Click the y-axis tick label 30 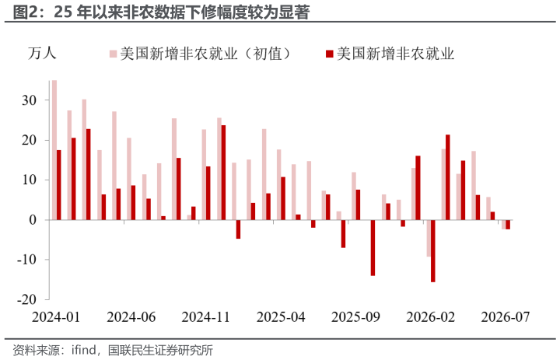pyautogui.click(x=30, y=100)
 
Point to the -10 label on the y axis pyautogui.click(x=26, y=260)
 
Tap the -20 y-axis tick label pyautogui.click(x=26, y=299)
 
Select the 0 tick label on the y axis pyautogui.click(x=33, y=220)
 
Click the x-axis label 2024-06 pyautogui.click(x=131, y=317)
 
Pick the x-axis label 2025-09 pyautogui.click(x=355, y=317)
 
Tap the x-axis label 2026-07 pyautogui.click(x=506, y=317)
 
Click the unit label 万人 pyautogui.click(x=42, y=54)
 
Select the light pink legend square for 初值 pyautogui.click(x=114, y=54)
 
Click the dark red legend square pyautogui.click(x=329, y=54)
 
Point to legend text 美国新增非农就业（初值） pyautogui.click(x=206, y=54)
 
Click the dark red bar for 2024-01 pyautogui.click(x=59, y=184)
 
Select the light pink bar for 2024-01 pyautogui.click(x=54, y=150)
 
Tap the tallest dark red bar pyautogui.click(x=223, y=173)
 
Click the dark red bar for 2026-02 pyautogui.click(x=433, y=250)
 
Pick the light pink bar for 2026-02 pyautogui.click(x=429, y=238)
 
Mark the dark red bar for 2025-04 pyautogui.click(x=283, y=198)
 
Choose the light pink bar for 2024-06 pyautogui.click(x=129, y=179)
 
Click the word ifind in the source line pyautogui.click(x=83, y=350)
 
